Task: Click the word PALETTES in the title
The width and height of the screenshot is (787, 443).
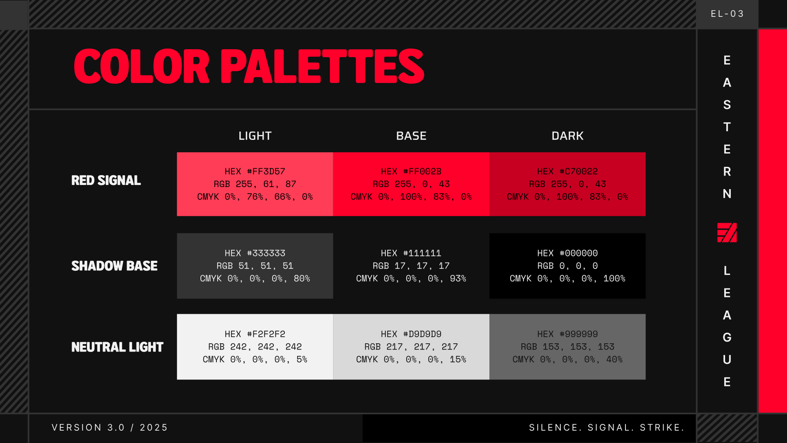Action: pos(322,66)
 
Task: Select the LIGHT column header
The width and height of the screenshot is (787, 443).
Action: pos(255,136)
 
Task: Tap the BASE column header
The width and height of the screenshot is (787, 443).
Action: pos(411,136)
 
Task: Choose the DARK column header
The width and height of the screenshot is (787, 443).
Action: pos(567,136)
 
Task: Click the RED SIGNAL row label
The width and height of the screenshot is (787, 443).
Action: pos(106,180)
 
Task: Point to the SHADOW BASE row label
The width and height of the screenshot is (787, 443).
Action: pos(114,266)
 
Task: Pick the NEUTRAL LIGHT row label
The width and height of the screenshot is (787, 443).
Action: pos(117,347)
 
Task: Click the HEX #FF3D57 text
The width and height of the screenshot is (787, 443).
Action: pos(255,171)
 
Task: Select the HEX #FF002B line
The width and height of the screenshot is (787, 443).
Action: pos(411,171)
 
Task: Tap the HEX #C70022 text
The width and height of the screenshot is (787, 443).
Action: pos(567,171)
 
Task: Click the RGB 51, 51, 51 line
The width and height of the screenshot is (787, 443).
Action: pos(255,266)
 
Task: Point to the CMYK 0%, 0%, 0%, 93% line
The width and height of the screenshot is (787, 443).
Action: pos(411,279)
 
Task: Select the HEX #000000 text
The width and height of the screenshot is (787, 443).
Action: pos(567,253)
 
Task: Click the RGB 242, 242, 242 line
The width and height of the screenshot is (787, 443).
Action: pos(255,347)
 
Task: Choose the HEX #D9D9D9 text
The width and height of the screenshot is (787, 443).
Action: pos(411,334)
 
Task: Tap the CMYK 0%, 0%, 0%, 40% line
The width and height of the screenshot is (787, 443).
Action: pos(567,359)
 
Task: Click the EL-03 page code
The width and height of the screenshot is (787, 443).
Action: pos(727,14)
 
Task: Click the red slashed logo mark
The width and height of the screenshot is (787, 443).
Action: pos(727,233)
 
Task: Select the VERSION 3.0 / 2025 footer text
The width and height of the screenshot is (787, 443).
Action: pos(110,427)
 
